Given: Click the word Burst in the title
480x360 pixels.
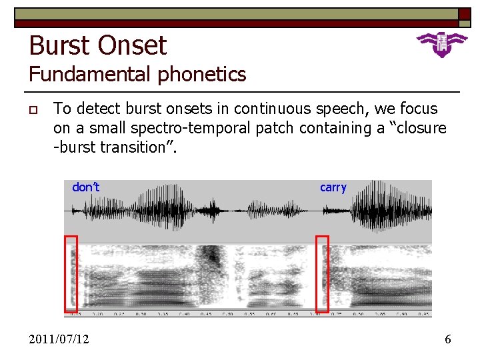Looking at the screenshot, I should [x=61, y=46].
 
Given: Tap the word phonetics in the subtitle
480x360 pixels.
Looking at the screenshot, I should [x=203, y=74].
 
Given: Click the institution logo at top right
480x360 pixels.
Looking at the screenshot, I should [x=441, y=44].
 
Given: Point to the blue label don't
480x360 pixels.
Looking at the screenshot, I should [x=85, y=187].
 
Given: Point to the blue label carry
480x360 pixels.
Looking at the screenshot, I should [x=333, y=187].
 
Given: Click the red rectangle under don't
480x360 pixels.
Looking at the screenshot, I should [x=71, y=273].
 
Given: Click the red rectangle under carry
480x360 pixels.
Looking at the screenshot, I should [x=322, y=273].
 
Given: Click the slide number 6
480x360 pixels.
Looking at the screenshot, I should [x=447, y=339].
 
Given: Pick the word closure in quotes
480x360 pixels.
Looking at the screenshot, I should [x=419, y=127].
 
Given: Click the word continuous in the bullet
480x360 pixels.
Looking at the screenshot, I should [x=267, y=109].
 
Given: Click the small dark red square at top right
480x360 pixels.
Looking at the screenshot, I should [x=464, y=17].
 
